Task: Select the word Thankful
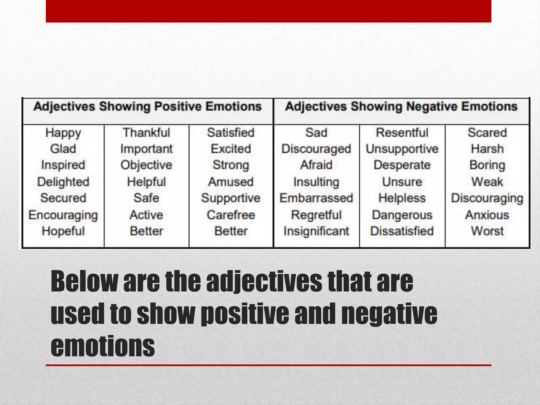point(146,133)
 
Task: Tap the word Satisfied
point(231,133)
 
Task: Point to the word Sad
point(316,133)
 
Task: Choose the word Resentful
point(402,133)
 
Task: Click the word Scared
point(487,133)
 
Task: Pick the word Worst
point(487,231)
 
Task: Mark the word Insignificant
point(316,231)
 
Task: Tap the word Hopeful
point(63,231)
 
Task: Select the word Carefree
point(231,215)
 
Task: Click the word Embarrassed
point(316,198)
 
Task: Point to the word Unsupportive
point(402,149)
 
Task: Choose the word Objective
point(146,165)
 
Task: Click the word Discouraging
point(487,198)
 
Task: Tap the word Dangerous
point(402,215)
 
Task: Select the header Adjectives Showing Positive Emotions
point(147,107)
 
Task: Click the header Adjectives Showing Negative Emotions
point(401,107)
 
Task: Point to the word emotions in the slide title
point(103,346)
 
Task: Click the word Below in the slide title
point(84,281)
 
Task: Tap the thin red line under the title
point(268,365)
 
